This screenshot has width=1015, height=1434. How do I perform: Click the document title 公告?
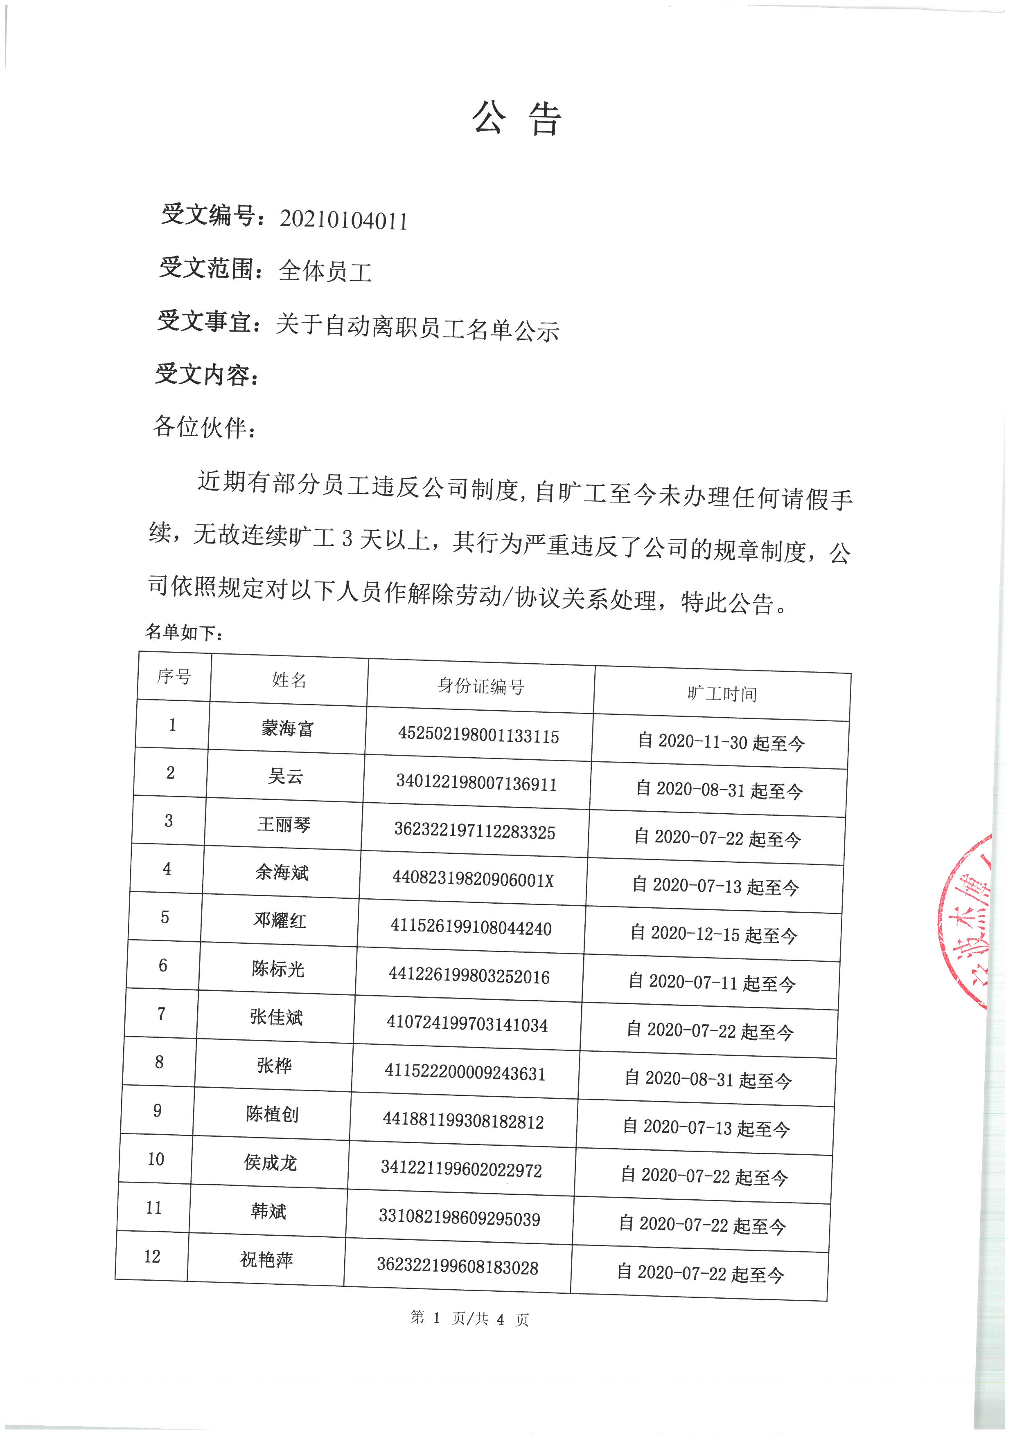(x=517, y=119)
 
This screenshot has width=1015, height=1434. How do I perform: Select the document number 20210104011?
(x=343, y=220)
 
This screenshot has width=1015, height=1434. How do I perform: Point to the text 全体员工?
(x=325, y=271)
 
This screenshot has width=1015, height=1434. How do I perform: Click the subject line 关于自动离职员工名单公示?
(x=417, y=327)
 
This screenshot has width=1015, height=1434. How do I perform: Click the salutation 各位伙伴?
(x=203, y=427)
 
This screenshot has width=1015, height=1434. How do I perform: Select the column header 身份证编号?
(x=480, y=687)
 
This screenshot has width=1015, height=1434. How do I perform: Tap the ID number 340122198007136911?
(x=476, y=784)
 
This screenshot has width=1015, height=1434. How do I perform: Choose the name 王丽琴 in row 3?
(x=284, y=824)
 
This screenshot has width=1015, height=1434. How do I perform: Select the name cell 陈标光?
(x=278, y=969)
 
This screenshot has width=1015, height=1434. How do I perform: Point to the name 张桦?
(x=274, y=1066)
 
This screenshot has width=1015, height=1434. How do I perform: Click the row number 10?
(x=156, y=1159)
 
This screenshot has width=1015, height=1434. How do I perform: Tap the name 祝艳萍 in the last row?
(x=266, y=1260)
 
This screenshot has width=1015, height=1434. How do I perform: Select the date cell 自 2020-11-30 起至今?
(x=721, y=742)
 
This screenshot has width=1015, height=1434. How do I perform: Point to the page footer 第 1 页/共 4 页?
(x=469, y=1318)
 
